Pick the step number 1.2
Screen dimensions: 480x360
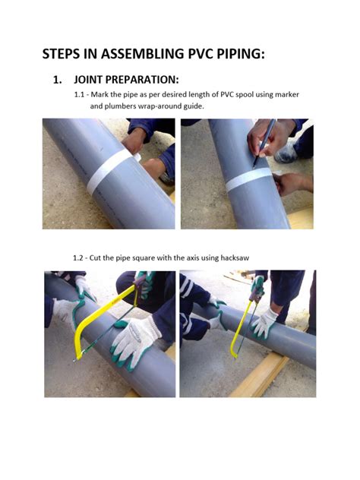pos(79,257)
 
